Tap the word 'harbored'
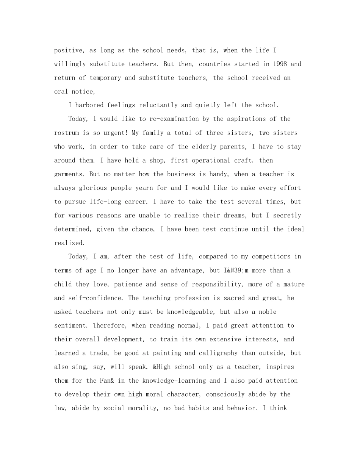click(x=89, y=105)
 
